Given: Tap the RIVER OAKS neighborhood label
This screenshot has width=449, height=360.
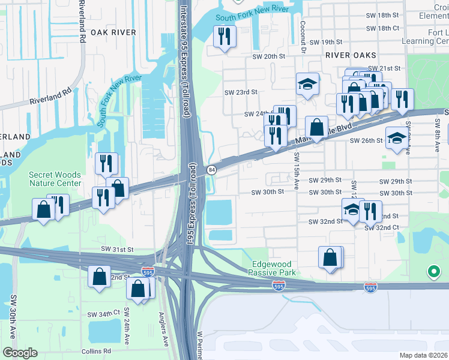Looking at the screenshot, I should pos(345,54).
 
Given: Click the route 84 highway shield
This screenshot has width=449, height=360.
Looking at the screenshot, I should pos(212,170).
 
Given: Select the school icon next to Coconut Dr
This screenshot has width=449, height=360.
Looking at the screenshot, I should pos(307,85).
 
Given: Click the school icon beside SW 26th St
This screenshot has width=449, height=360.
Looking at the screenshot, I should pos(396,138).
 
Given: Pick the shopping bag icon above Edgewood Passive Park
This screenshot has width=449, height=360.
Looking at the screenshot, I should pos(330,257).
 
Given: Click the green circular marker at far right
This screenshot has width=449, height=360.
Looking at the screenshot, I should pos(433,272).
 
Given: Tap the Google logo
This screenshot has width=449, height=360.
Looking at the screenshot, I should pos(20,353).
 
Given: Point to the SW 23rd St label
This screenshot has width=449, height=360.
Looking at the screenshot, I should pos(241,92).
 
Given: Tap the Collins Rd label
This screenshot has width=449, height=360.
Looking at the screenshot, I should pos(97,351).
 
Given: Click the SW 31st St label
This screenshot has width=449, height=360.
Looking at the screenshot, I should pos(116,249).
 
